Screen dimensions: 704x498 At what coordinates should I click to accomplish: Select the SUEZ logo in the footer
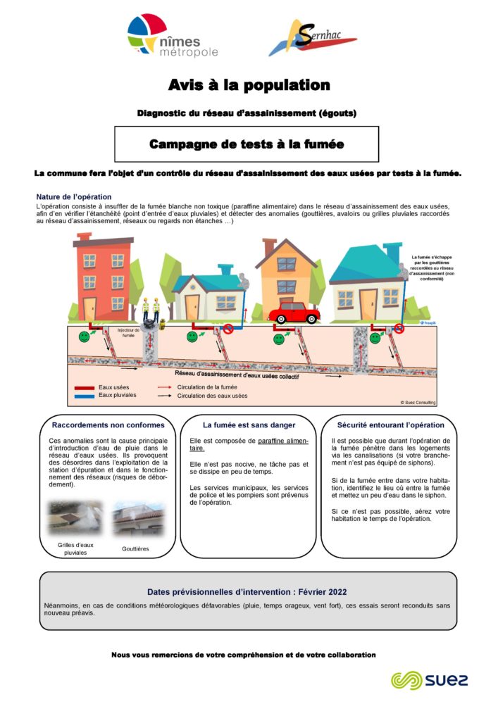tap(429, 679)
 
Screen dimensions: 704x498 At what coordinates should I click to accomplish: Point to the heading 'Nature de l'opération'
tap(73, 196)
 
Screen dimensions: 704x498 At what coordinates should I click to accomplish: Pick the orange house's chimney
tap(270, 248)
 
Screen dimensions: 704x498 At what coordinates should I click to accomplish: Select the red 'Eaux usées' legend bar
tap(84, 387)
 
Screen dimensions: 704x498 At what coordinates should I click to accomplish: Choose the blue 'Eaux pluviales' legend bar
tap(84, 395)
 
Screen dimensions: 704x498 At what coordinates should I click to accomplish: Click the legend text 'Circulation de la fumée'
tap(207, 387)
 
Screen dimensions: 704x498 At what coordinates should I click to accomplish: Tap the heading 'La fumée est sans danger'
tap(249, 425)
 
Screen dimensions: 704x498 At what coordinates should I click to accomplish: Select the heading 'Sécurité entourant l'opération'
tap(390, 425)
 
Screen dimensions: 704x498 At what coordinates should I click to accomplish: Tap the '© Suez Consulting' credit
tap(418, 402)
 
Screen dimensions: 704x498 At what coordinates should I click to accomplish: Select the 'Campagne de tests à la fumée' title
tap(247, 144)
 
